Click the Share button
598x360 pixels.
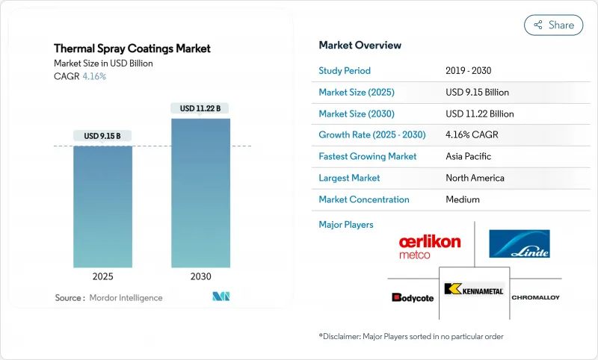553,25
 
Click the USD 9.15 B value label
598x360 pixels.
102,136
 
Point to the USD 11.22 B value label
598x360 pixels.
200,108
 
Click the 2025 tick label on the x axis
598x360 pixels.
102,276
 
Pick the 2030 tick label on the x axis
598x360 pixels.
200,276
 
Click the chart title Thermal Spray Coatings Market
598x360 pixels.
132,49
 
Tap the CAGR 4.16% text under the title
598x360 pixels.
80,76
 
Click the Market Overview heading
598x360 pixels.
360,46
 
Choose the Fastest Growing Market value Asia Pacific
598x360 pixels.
469,157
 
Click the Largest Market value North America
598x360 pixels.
475,179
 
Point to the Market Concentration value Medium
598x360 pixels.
462,199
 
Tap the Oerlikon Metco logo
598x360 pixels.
430,246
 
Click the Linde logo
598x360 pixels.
520,244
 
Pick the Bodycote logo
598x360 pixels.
412,297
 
